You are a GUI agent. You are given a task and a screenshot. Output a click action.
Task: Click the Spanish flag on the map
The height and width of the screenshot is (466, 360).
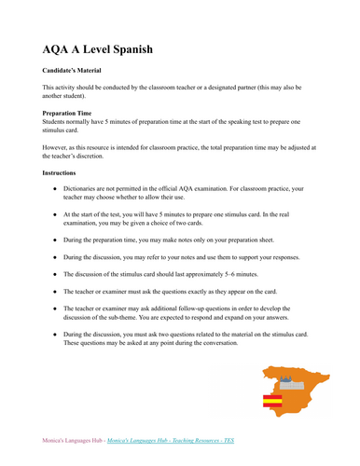pos(272,403)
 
